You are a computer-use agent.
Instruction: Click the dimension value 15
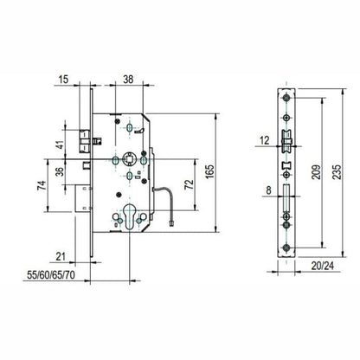(64, 79)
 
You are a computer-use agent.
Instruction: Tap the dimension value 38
(128, 79)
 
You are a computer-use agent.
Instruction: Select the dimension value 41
(61, 145)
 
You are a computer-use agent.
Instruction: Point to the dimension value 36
(61, 171)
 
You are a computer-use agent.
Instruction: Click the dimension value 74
(42, 185)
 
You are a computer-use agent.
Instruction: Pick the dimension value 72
(189, 184)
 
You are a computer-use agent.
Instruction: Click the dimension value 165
(210, 171)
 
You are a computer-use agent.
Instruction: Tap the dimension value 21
(61, 256)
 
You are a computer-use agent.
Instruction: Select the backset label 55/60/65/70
(51, 275)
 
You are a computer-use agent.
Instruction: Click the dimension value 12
(265, 140)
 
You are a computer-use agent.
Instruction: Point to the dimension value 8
(268, 190)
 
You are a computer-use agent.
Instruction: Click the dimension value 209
(317, 172)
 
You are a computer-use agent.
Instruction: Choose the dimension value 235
(337, 172)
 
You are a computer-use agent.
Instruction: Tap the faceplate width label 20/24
(323, 266)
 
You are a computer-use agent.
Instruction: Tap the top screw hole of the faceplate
(286, 98)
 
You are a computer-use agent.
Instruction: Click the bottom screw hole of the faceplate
(286, 247)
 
